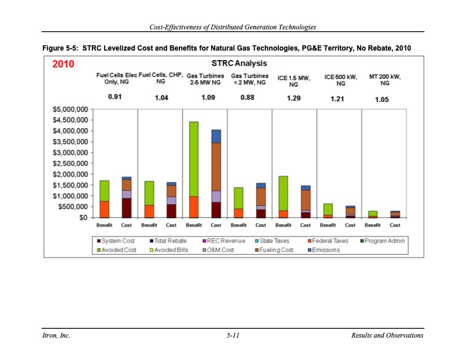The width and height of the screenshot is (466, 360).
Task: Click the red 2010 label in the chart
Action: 64,64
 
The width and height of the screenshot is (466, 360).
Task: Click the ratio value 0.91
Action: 115,97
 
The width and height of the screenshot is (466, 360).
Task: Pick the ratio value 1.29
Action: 294,98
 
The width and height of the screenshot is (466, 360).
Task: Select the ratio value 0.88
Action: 248,97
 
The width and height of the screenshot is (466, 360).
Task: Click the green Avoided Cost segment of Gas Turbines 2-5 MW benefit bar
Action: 194,159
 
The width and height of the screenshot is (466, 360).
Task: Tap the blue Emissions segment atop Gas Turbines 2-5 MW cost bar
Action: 216,136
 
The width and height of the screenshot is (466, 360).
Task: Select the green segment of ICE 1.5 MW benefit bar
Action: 283,193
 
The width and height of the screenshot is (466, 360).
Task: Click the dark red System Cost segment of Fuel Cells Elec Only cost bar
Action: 127,208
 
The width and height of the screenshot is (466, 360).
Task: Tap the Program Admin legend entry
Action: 383,241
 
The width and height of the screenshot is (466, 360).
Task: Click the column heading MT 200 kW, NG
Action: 384,80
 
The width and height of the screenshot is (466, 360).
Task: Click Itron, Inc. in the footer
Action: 56,335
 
